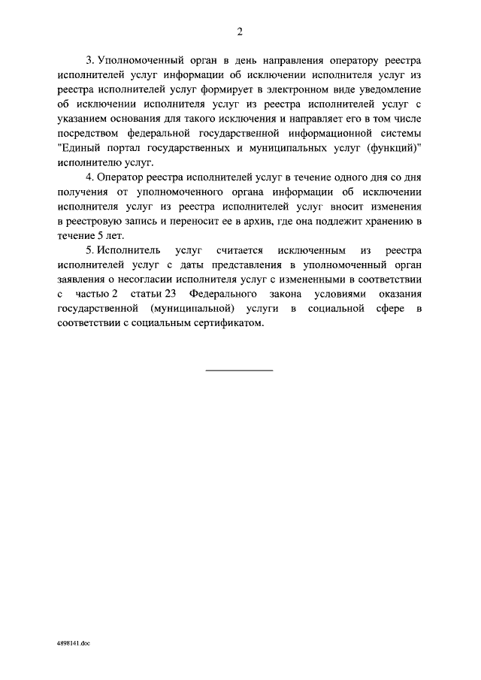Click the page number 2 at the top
(240, 31)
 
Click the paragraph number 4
(89, 177)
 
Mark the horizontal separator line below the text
(240, 369)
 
